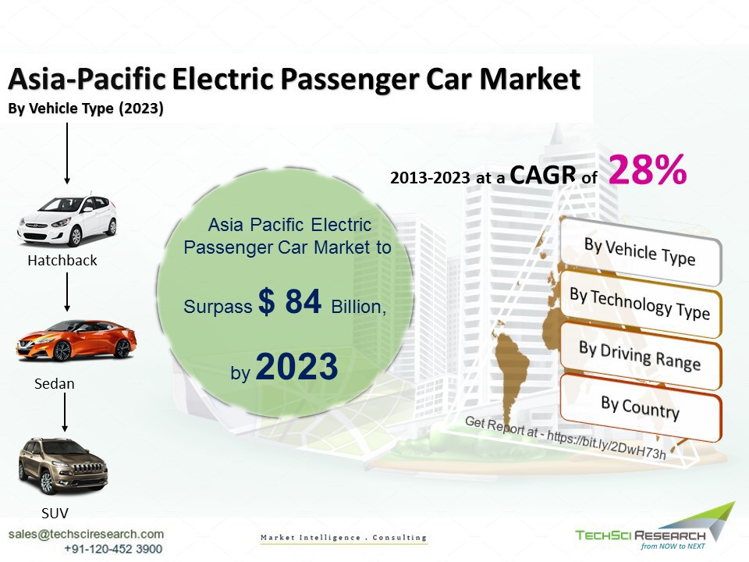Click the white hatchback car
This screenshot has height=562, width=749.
coord(67,221)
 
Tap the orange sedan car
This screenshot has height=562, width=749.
coord(76,340)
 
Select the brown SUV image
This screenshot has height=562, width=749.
coord(63,465)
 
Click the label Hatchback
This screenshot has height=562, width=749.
coord(62,261)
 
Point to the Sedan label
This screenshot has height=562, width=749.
coord(55,384)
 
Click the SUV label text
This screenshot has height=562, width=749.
coord(55,514)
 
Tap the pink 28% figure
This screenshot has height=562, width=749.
coord(648,169)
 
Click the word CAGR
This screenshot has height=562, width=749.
coord(543,175)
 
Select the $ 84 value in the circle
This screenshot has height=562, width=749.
coord(290,301)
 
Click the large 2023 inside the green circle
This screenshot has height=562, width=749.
coord(296,367)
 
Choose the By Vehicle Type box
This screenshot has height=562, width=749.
coord(640,252)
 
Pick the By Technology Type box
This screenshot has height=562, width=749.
coord(640,304)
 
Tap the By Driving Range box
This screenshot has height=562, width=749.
coord(640,356)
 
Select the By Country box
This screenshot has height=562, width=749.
coord(640,407)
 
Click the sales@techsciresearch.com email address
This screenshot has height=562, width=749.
coord(86,534)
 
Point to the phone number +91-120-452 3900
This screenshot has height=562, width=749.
coord(113,549)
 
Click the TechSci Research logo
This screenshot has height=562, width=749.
coord(655,529)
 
